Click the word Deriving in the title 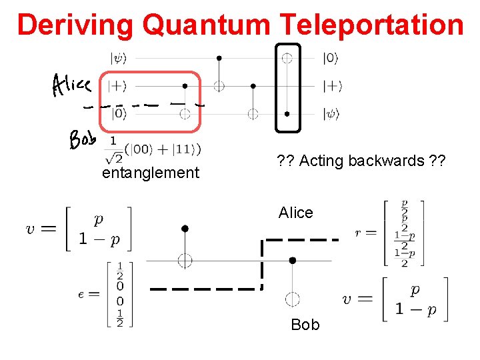coord(76,25)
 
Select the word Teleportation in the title coord(371,25)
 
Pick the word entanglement coord(150,173)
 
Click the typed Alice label coord(295,213)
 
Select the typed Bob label coord(305,325)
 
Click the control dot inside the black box coord(287,113)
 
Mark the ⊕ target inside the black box coord(287,58)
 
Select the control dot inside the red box coord(185,86)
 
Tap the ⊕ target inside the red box coord(185,114)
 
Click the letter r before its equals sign coord(359,233)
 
